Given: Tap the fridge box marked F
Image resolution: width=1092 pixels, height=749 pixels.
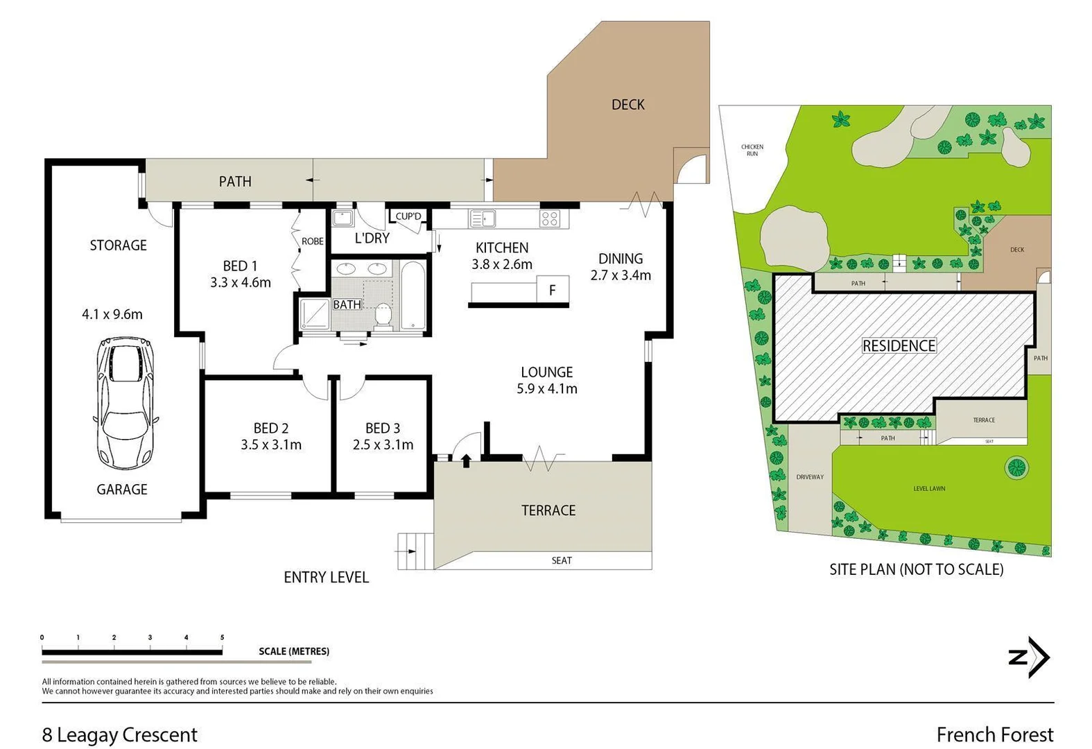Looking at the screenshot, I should (553, 290).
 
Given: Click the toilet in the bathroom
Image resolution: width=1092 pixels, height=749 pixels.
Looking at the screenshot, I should (383, 316).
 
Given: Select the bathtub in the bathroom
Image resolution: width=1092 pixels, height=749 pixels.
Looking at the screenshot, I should (413, 295).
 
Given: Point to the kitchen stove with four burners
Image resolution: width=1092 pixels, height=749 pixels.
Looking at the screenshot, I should (550, 219).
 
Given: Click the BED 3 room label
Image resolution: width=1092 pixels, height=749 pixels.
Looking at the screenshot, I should (383, 429).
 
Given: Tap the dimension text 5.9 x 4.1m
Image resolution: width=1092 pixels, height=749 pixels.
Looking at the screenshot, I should (547, 389).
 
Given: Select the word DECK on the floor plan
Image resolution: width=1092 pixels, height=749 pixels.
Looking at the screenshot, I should (627, 105).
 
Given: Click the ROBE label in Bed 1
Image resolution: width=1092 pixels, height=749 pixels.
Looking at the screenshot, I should (312, 241).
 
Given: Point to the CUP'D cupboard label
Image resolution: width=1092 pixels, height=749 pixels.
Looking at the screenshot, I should (408, 216).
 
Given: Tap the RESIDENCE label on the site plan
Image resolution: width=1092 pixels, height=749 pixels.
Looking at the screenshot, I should (899, 345).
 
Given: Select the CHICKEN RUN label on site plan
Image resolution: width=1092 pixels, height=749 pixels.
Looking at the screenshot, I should (752, 150).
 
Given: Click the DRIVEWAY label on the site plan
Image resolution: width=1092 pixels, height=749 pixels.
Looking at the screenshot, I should (810, 477).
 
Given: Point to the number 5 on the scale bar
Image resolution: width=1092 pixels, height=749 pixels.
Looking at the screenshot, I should (222, 637).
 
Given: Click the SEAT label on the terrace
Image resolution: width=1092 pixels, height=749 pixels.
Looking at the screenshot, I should (562, 560).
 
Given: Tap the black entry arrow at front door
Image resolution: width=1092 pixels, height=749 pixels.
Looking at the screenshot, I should (466, 460).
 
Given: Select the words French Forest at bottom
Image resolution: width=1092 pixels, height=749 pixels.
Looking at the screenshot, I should (994, 734).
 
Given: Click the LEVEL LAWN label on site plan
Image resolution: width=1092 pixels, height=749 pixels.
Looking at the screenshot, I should (929, 489).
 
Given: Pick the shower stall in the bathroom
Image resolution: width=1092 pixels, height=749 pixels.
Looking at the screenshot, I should (314, 313).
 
